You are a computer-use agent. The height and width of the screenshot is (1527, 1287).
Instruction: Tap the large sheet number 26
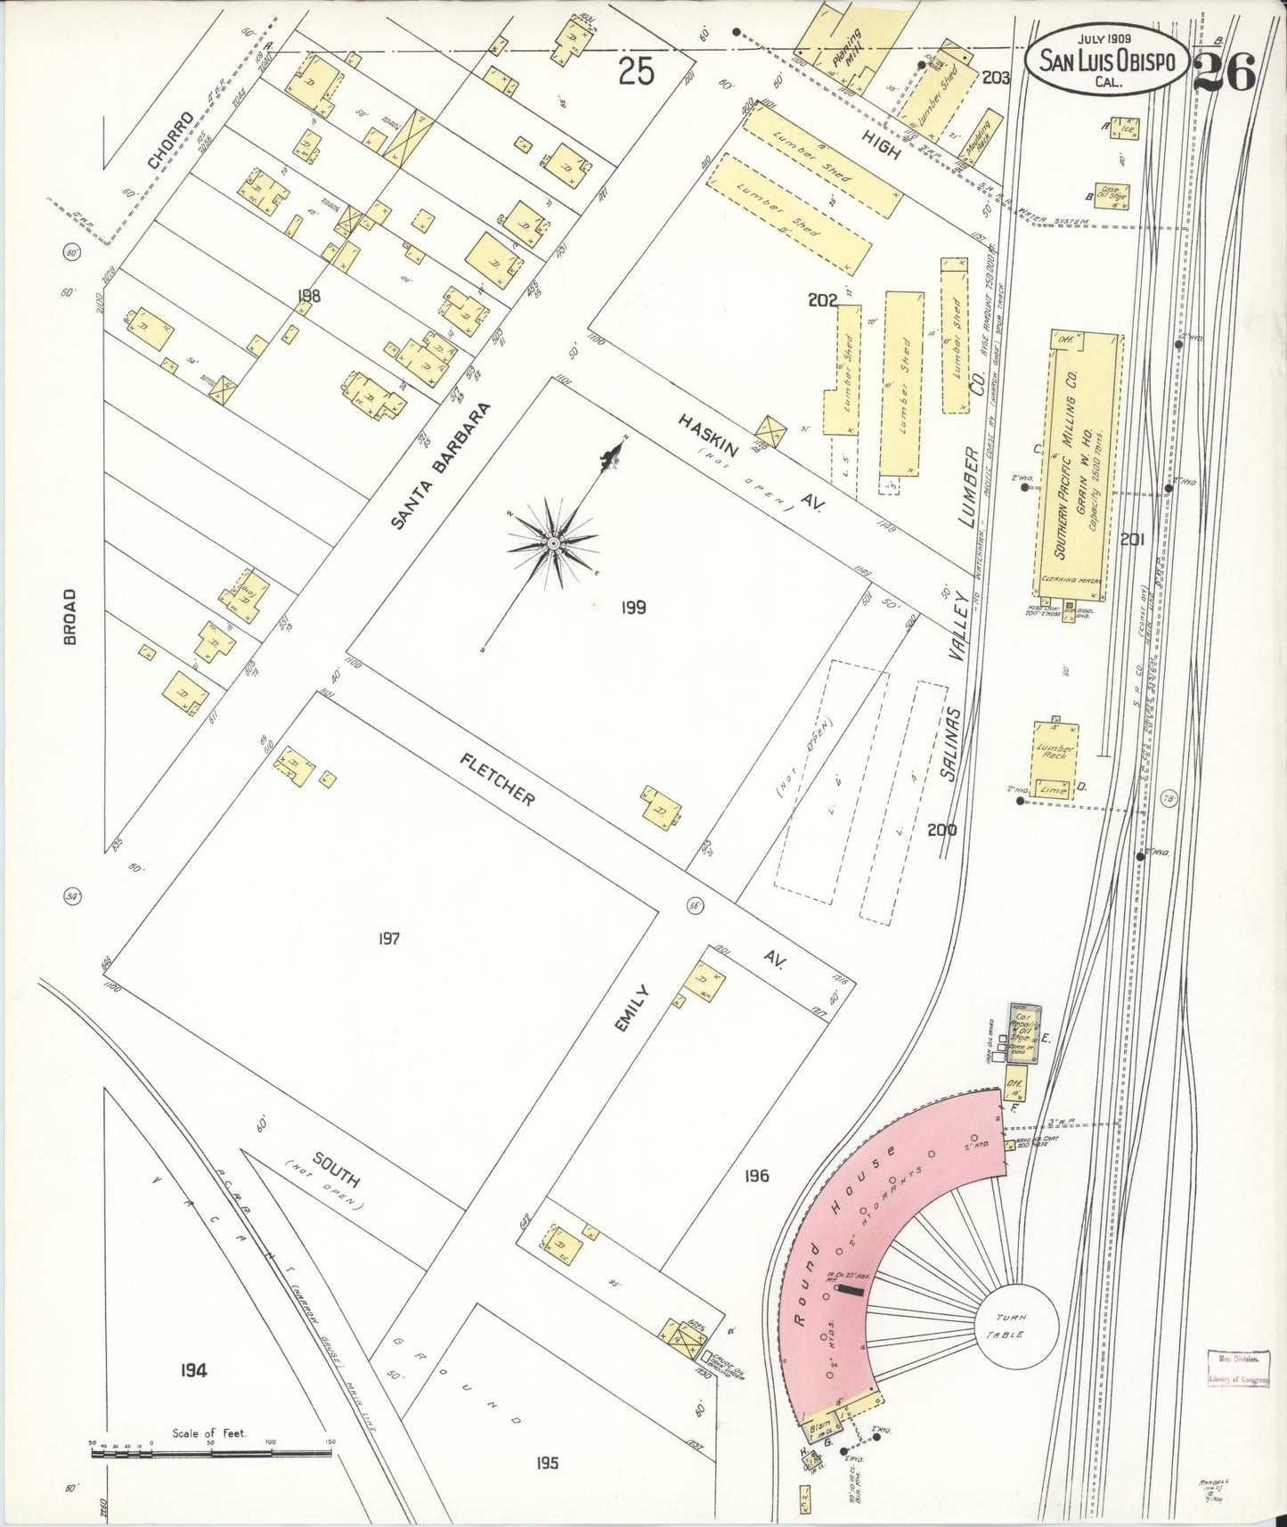pyautogui.click(x=1225, y=71)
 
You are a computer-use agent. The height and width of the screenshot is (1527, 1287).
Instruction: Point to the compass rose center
pyautogui.click(x=553, y=542)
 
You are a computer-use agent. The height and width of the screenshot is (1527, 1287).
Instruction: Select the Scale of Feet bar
pyautogui.click(x=211, y=1453)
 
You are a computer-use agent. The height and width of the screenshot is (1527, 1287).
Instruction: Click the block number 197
pyautogui.click(x=388, y=938)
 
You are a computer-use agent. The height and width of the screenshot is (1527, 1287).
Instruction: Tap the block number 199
pyautogui.click(x=633, y=608)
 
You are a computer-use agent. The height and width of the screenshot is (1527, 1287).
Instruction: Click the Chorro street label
pyautogui.click(x=170, y=141)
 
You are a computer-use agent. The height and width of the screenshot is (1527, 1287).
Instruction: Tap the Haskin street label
pyautogui.click(x=709, y=435)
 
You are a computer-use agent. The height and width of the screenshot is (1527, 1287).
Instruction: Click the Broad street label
pyautogui.click(x=70, y=616)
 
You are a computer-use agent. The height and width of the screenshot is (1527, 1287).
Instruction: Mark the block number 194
pyautogui.click(x=193, y=1369)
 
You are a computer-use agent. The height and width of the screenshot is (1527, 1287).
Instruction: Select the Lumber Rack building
pyautogui.click(x=1055, y=751)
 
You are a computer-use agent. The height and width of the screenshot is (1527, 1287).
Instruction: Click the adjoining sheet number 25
pyautogui.click(x=636, y=71)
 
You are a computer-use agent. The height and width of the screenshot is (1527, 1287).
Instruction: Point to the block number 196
pyautogui.click(x=756, y=1176)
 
